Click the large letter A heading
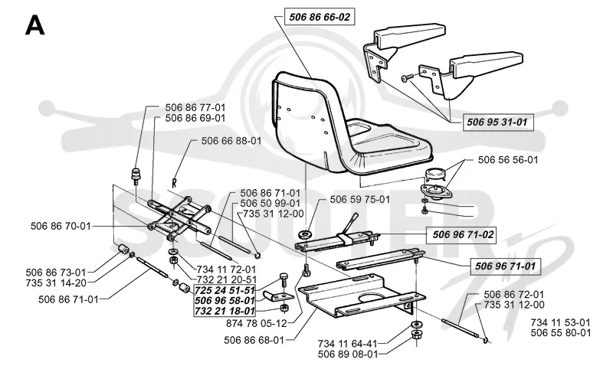click(x=34, y=26)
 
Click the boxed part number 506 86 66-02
click(x=320, y=17)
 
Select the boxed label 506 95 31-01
click(x=497, y=122)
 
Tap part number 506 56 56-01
click(x=508, y=160)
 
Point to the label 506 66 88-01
click(x=231, y=141)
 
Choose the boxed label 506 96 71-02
click(x=463, y=234)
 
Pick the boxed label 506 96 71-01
click(x=505, y=266)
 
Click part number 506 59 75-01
click(x=359, y=199)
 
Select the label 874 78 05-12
click(x=257, y=323)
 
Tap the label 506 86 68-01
click(x=254, y=340)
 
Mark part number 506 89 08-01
click(x=348, y=354)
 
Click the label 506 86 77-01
click(x=195, y=107)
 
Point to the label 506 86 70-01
click(x=61, y=226)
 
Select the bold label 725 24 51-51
click(x=225, y=290)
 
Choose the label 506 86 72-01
click(x=513, y=295)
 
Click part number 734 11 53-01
click(x=561, y=322)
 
